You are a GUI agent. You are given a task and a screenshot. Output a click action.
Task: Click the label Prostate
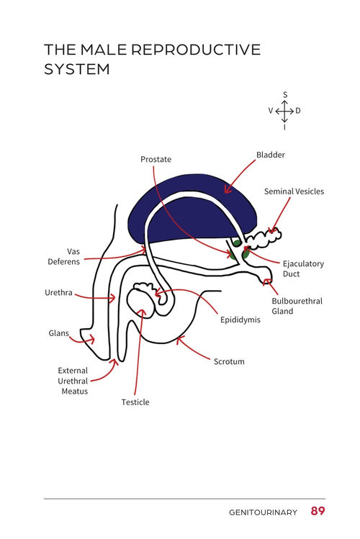coord(156,160)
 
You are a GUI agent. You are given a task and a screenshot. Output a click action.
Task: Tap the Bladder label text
coord(271,155)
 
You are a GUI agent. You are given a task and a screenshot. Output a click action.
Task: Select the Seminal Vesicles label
coord(294,191)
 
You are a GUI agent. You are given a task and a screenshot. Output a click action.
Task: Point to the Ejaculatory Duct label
coord(303,269)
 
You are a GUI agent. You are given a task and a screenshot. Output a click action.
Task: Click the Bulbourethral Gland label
coord(297,306)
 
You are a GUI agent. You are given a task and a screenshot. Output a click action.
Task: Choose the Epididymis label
coord(240,320)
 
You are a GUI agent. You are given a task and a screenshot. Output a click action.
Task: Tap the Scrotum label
coord(229,362)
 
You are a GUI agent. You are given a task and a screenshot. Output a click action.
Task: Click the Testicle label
coord(135,402)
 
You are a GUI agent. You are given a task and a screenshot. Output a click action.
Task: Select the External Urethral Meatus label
coord(73,381)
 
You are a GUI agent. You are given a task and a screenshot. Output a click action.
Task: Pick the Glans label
coord(58,333)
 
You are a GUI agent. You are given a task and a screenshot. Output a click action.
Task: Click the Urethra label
coord(58,293)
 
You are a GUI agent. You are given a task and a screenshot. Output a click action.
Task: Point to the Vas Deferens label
coord(64,256)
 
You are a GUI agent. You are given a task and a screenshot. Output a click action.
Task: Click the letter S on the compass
coord(285,95)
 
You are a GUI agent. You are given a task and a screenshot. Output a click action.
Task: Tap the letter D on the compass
coord(298,111)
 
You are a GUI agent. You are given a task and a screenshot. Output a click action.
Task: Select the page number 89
coord(318,511)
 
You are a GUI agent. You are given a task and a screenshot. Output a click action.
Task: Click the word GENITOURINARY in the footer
coord(263,512)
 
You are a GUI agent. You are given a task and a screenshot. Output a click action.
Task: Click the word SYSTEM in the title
coord(76,69)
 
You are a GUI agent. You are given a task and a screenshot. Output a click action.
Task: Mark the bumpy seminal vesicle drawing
coord(264,239)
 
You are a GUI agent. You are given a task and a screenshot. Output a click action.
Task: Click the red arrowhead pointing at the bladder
coord(228,189)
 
